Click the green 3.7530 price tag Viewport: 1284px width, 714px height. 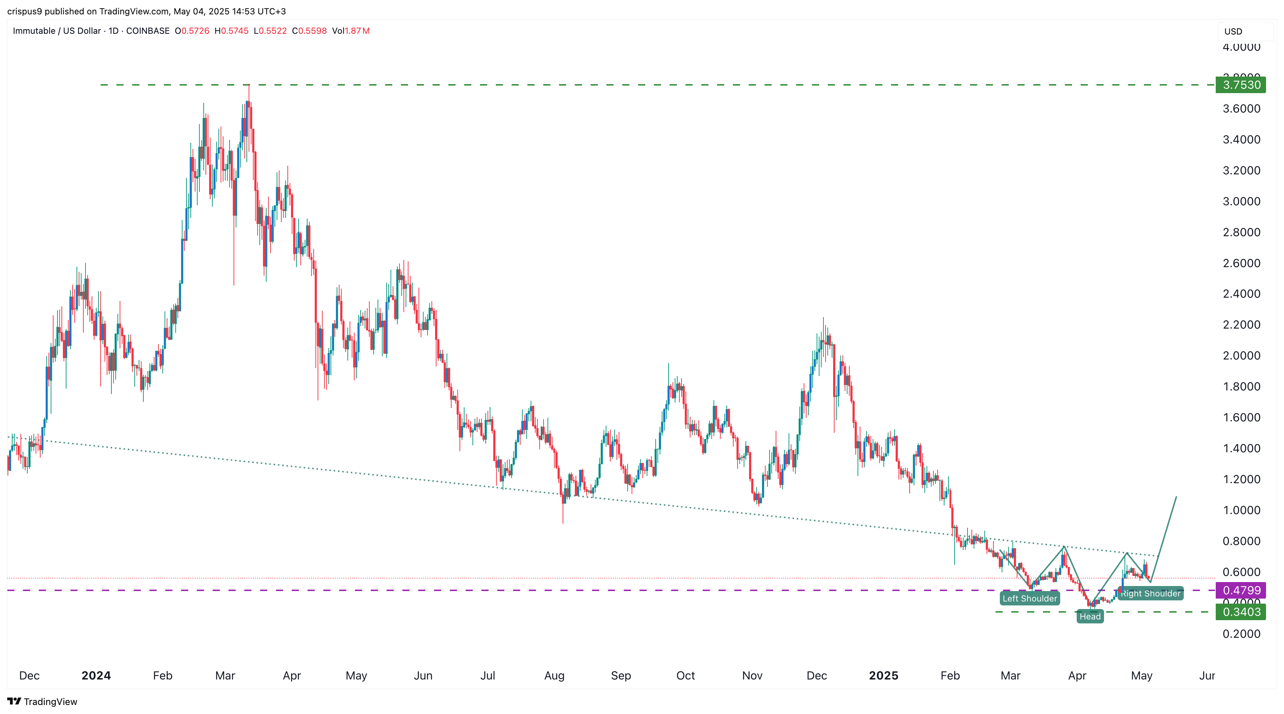[x=1241, y=85]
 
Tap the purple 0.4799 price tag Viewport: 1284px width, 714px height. [x=1241, y=590]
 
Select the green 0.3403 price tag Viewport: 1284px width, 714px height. [x=1241, y=612]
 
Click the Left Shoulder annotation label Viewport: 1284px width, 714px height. [x=1029, y=598]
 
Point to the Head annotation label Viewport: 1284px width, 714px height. [x=1090, y=617]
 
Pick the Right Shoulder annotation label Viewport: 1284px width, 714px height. [x=1150, y=593]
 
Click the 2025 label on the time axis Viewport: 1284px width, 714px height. [x=883, y=676]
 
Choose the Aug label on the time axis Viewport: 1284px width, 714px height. [x=554, y=676]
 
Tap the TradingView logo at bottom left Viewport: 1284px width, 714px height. [x=42, y=701]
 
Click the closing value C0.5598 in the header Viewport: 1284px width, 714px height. [x=310, y=31]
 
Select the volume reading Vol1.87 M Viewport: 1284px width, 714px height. [x=351, y=31]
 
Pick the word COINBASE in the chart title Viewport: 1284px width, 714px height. [x=148, y=31]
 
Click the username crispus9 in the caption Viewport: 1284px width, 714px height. [x=24, y=11]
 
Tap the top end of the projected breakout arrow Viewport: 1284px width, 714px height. [x=1176, y=497]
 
